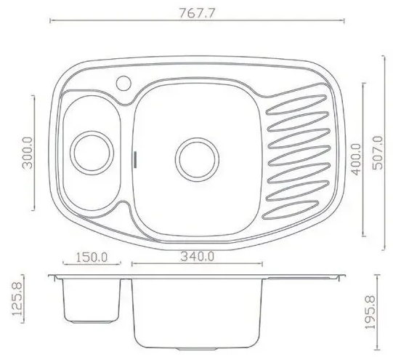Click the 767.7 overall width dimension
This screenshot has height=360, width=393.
pos(198,13)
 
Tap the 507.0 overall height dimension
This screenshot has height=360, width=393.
pos(378,153)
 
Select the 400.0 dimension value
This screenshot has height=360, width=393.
pos(357,159)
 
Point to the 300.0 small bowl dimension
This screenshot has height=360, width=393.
pos(28,153)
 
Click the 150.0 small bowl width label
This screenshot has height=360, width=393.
pos(92,257)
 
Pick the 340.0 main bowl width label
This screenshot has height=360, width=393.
pos(198,257)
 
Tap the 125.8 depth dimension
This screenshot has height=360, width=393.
pos(17,300)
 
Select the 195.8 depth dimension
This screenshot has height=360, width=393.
pos(370,312)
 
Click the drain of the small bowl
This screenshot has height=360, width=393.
pos(92,153)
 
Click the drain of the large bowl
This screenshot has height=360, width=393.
pos(197,159)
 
